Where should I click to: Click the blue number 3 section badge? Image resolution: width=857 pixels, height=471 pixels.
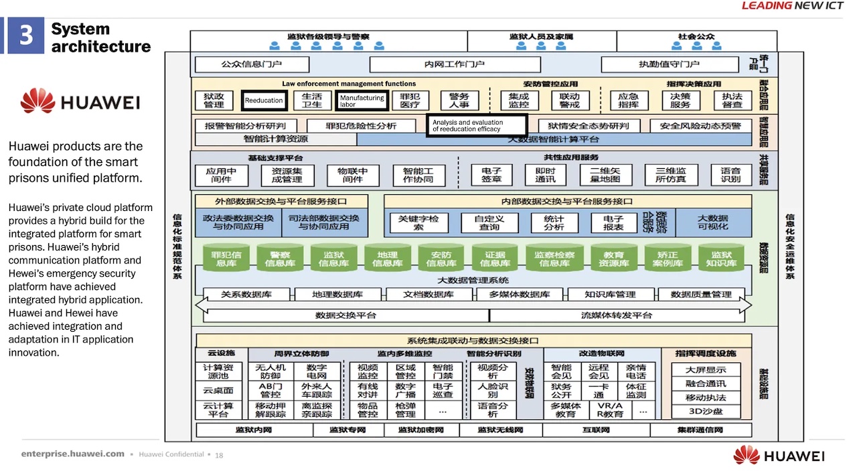(x=25, y=36)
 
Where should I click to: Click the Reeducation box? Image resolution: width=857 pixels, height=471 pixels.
(x=264, y=100)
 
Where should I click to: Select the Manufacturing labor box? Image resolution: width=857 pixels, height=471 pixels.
(x=362, y=100)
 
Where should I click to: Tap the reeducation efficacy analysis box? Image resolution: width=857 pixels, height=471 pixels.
(x=477, y=125)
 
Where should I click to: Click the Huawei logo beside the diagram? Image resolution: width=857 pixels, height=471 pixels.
(x=80, y=101)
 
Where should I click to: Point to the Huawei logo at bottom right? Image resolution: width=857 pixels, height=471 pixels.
(x=779, y=455)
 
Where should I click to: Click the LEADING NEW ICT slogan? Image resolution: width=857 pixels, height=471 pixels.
(x=794, y=6)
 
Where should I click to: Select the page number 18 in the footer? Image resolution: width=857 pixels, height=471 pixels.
(x=219, y=455)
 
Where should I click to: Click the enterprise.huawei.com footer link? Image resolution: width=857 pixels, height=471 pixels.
(x=73, y=454)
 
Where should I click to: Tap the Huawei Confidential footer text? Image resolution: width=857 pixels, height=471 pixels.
(x=171, y=454)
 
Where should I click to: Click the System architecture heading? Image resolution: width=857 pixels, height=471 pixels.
(x=100, y=38)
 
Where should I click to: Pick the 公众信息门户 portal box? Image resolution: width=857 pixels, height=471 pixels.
(x=252, y=64)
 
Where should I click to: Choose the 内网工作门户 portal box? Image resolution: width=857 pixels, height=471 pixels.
(x=455, y=64)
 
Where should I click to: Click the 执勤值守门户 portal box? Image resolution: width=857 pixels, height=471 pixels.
(x=669, y=64)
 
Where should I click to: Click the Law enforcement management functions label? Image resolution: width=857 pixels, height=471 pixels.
(x=349, y=84)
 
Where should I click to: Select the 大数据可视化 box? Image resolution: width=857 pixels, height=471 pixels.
(x=712, y=222)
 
